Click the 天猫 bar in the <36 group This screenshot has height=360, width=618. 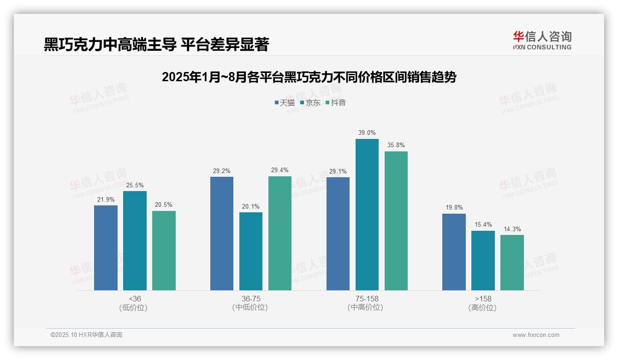106,248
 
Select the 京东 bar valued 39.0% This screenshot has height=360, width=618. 367,215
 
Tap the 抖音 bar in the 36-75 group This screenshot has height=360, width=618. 280,233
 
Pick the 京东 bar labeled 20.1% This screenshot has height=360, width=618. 251,251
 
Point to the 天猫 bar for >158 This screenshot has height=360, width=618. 454,252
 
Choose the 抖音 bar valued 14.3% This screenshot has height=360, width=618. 512,263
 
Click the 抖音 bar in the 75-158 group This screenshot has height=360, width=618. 396,221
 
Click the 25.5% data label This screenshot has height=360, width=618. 135,185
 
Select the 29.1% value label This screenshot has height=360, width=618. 338,171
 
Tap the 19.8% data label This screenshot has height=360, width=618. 454,208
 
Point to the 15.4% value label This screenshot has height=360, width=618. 483,225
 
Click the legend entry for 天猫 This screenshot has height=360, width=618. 285,102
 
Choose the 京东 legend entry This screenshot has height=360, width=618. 310,102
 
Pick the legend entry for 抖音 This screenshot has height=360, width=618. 336,102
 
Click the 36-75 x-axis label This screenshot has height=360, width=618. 251,299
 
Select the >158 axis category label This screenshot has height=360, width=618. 483,299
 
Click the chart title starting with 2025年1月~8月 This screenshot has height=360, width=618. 309,77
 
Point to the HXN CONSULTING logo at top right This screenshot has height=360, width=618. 542,41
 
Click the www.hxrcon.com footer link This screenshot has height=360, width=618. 535,335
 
